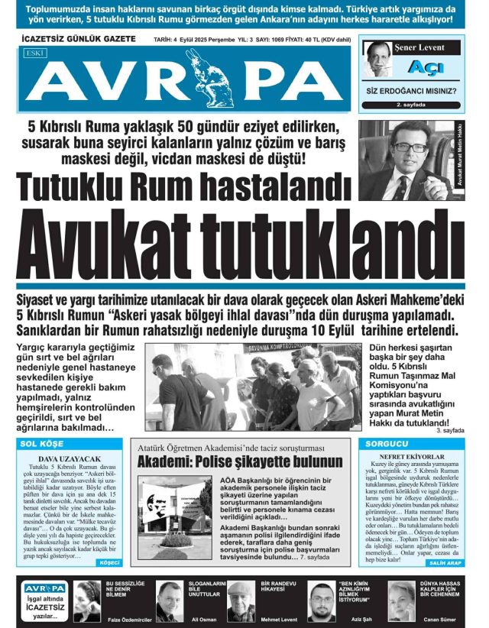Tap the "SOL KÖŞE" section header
click(x=43, y=443)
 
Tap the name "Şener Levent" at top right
click(x=419, y=47)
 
